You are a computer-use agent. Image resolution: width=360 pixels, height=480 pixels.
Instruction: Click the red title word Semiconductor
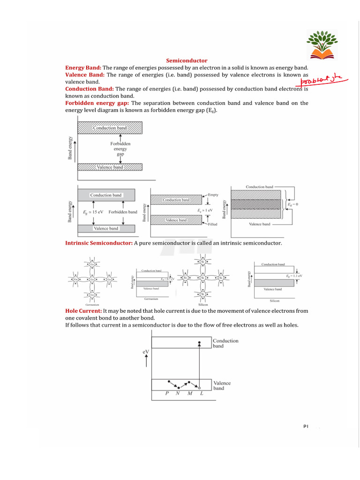click(187, 60)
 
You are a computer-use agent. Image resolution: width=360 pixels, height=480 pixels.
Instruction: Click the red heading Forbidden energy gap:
click(97, 103)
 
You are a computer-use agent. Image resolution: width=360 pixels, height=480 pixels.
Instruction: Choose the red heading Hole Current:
click(83, 311)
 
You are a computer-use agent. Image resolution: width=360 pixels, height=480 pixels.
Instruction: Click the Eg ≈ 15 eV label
click(93, 212)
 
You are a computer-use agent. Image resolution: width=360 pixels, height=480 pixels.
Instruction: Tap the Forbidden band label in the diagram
click(123, 212)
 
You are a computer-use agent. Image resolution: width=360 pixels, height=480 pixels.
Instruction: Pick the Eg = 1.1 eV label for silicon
click(294, 276)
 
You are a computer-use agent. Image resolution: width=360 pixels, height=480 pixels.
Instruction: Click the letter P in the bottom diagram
click(167, 393)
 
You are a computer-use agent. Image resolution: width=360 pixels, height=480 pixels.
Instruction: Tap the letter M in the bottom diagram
click(189, 393)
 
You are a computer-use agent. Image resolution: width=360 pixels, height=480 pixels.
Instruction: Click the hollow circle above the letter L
click(200, 388)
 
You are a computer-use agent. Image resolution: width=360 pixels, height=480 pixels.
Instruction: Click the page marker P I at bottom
click(306, 427)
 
